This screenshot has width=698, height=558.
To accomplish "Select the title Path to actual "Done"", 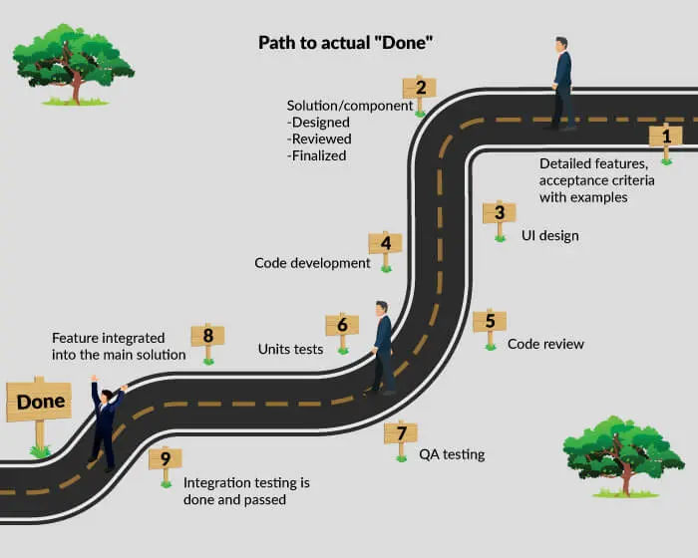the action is click(345, 43).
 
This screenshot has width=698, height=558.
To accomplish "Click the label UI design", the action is click(550, 235).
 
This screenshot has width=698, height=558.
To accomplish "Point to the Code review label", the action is click(545, 344).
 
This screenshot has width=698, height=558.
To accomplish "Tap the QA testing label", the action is click(452, 454).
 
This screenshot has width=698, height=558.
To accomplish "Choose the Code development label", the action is click(312, 263).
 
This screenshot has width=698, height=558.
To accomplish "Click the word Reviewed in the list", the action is click(319, 139).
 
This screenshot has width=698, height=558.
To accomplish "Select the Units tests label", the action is click(291, 350).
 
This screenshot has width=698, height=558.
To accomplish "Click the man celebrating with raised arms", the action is click(106, 422).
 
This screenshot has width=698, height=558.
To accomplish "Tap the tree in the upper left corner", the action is click(74, 64).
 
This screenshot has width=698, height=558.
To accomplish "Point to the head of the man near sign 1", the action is click(561, 45).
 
